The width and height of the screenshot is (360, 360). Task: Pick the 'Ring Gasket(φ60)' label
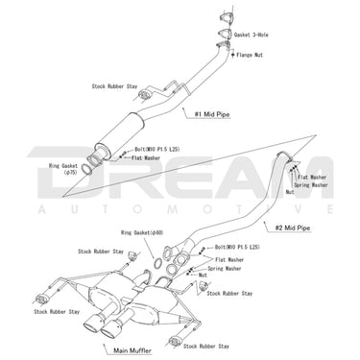[140, 232]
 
